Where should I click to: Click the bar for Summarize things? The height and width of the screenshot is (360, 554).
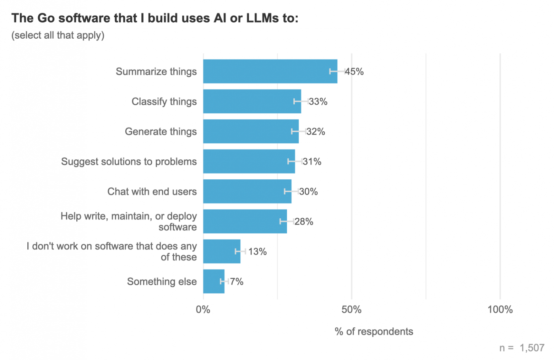pyautogui.click(x=270, y=71)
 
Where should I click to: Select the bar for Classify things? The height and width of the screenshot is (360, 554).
pyautogui.click(x=252, y=101)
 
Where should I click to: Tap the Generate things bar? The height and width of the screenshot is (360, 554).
pyautogui.click(x=251, y=131)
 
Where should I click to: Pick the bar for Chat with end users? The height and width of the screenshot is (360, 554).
pyautogui.click(x=247, y=191)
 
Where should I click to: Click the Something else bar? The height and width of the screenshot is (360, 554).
pyautogui.click(x=213, y=281)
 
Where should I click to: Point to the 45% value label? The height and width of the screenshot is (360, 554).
pyautogui.click(x=354, y=72)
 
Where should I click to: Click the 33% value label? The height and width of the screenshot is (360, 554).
pyautogui.click(x=318, y=102)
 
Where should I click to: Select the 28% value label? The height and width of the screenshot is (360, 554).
pyautogui.click(x=304, y=222)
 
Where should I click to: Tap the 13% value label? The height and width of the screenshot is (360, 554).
pyautogui.click(x=257, y=252)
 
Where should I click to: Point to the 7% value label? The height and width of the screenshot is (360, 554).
pyautogui.click(x=237, y=282)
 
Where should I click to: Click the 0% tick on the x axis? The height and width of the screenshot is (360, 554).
pyautogui.click(x=203, y=310)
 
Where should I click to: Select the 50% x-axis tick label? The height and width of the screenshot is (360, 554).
pyautogui.click(x=352, y=310)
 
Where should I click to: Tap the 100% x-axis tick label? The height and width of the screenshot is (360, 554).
pyautogui.click(x=500, y=310)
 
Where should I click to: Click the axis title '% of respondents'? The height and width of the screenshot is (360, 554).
pyautogui.click(x=374, y=332)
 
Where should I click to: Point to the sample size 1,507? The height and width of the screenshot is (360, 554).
pyautogui.click(x=532, y=348)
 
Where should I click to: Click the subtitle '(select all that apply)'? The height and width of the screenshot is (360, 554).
pyautogui.click(x=58, y=36)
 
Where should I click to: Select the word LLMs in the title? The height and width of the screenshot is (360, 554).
pyautogui.click(x=262, y=18)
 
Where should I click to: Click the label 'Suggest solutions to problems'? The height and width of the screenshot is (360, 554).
pyautogui.click(x=129, y=162)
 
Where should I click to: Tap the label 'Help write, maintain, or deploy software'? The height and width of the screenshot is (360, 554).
pyautogui.click(x=129, y=222)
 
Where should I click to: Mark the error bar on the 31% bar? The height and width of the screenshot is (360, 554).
pyautogui.click(x=295, y=162)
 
